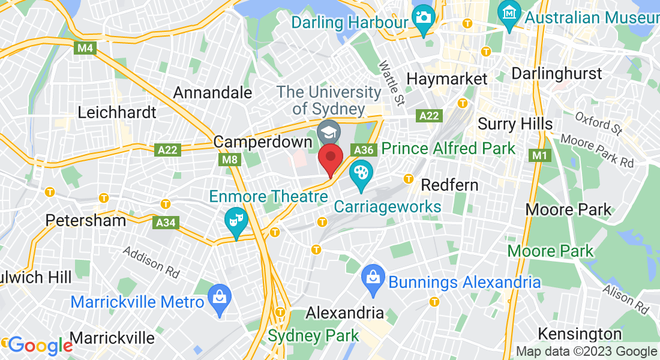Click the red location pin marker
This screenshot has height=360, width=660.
pyautogui.click(x=330, y=158)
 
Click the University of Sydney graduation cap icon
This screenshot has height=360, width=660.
pyautogui.click(x=328, y=131)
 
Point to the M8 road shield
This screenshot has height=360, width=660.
pyautogui.click(x=229, y=160)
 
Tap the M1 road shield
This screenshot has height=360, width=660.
pyautogui.click(x=539, y=156)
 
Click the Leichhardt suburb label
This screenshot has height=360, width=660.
pyautogui.click(x=117, y=112)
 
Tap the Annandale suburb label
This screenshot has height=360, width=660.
pyautogui.click(x=212, y=92)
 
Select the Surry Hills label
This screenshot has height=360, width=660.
pyautogui.click(x=515, y=124)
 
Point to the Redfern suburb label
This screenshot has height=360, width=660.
pyautogui.click(x=449, y=184)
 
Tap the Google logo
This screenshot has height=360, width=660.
pyautogui.click(x=40, y=346)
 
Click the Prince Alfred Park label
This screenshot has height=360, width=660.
pyautogui.click(x=448, y=148)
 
